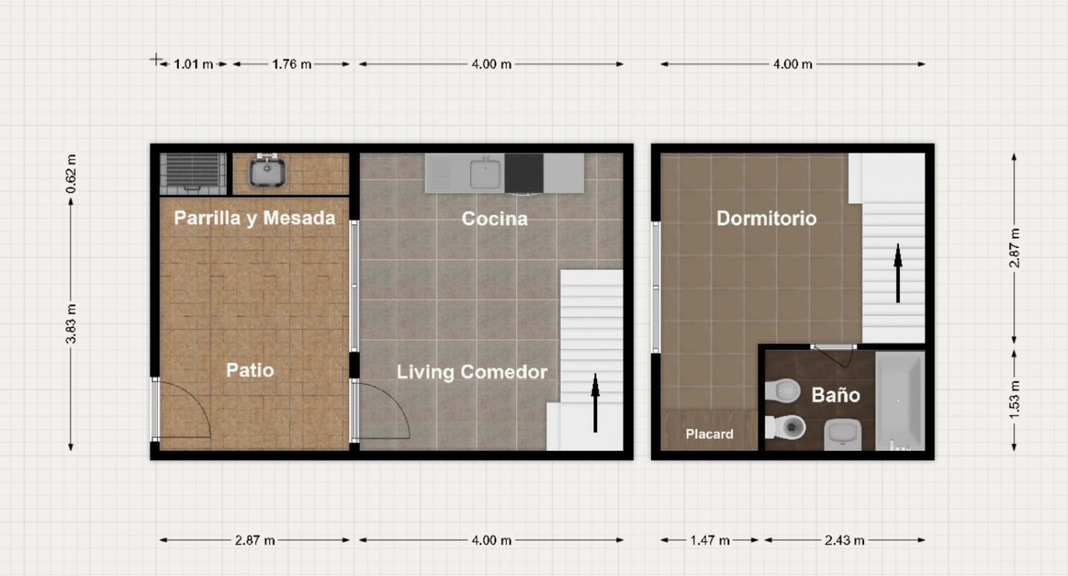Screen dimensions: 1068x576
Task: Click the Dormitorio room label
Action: tap(766, 218)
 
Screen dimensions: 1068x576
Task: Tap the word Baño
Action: tap(835, 395)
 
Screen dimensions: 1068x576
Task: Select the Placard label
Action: tap(709, 433)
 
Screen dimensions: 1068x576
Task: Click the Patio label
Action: tap(250, 370)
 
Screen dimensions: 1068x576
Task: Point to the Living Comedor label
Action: tap(472, 372)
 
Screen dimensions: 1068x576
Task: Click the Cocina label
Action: tap(495, 218)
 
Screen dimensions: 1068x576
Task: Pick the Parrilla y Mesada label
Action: tap(254, 218)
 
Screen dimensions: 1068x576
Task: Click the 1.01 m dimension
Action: tap(193, 64)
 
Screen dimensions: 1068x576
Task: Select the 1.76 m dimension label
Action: tap(291, 64)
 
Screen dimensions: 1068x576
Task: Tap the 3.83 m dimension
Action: tap(70, 324)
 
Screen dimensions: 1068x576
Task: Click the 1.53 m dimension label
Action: tap(1014, 400)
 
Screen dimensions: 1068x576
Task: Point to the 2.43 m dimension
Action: tap(844, 540)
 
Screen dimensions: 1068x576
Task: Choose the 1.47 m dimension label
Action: tap(710, 540)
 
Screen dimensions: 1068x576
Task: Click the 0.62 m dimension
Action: tap(70, 174)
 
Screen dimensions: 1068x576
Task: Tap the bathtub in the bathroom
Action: tap(900, 401)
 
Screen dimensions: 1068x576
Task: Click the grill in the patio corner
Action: tap(193, 174)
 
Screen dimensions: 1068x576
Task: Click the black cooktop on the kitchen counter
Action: tap(524, 173)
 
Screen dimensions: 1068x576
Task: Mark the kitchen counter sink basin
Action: tap(485, 174)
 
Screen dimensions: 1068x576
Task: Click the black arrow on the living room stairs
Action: tap(595, 403)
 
